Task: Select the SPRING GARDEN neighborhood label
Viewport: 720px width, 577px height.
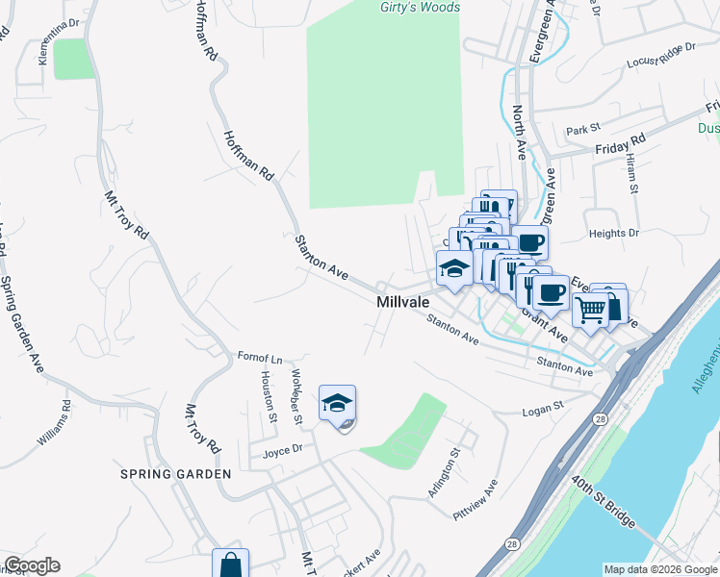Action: pos(175,474)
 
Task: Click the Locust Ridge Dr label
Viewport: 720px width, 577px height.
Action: pos(661,55)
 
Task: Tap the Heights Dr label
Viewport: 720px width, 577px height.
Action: pos(614,233)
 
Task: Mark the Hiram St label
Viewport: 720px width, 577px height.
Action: pos(632,174)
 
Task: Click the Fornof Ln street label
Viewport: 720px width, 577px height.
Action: pos(259,357)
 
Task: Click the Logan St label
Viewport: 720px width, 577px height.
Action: pos(542,410)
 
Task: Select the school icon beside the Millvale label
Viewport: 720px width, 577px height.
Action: pos(454,269)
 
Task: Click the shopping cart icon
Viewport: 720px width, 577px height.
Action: pos(591,310)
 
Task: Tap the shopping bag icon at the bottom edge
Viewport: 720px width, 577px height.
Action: pos(231,564)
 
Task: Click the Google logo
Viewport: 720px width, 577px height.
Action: pos(32,565)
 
